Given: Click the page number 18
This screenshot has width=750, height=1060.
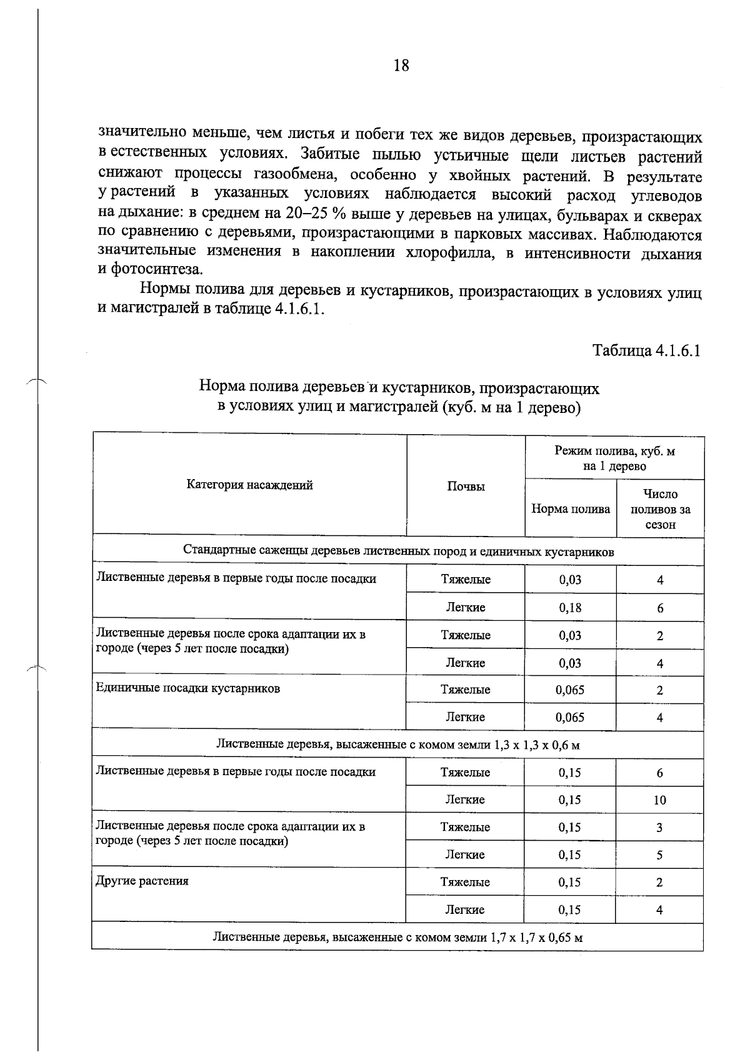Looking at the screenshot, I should tap(401, 65).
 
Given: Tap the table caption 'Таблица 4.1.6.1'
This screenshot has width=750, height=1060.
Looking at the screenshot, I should tap(646, 350).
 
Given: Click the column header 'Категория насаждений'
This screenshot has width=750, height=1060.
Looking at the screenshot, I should tap(249, 485).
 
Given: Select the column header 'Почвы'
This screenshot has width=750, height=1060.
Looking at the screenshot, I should tap(466, 487).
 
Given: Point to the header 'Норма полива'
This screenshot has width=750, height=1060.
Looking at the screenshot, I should tap(570, 509).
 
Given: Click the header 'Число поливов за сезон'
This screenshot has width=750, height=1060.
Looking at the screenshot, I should tap(660, 509).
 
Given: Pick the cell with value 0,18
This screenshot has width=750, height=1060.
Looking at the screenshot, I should tap(570, 607).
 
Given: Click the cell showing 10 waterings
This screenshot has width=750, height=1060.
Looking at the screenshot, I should tap(660, 800).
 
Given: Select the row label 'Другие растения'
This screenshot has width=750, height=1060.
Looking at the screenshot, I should tap(142, 881).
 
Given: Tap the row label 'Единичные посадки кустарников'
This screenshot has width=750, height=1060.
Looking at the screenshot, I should tap(187, 688).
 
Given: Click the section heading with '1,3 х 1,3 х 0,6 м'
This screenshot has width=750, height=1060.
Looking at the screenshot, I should tap(398, 745).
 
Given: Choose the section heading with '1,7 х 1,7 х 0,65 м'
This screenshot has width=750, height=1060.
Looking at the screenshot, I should tap(398, 937).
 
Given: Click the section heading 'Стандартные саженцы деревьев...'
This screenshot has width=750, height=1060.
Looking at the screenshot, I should tap(398, 552).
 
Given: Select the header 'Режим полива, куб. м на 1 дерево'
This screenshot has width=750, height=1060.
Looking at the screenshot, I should tap(614, 458).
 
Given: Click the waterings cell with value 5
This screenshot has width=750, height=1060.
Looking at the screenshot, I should tap(660, 855).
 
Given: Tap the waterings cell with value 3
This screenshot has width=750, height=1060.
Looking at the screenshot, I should tap(660, 828).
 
